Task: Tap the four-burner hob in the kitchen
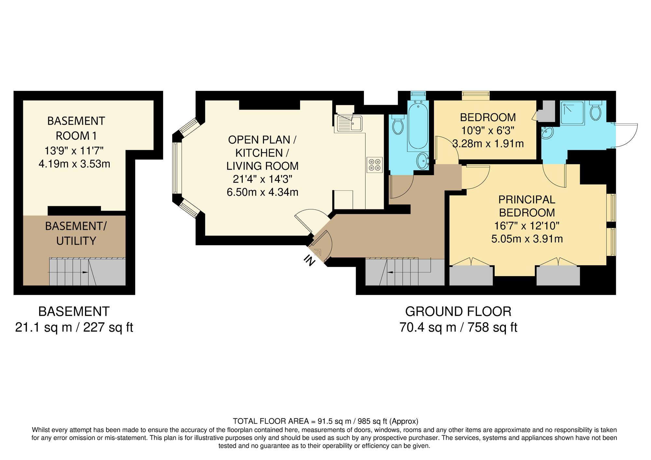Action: tap(374, 165)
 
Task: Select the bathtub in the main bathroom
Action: tap(418, 126)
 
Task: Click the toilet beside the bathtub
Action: tap(398, 125)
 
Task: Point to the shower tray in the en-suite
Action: tap(572, 113)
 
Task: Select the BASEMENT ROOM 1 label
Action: tap(76, 128)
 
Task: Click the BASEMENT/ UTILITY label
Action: tap(76, 233)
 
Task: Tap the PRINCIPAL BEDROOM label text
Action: tap(527, 206)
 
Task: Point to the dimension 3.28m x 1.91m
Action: tap(488, 144)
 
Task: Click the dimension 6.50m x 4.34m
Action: tap(262, 192)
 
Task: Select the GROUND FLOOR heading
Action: tap(458, 312)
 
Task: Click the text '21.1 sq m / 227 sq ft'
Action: tap(74, 327)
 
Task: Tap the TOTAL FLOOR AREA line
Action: tap(325, 421)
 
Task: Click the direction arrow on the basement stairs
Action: tap(85, 272)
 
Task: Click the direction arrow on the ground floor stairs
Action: tap(392, 272)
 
